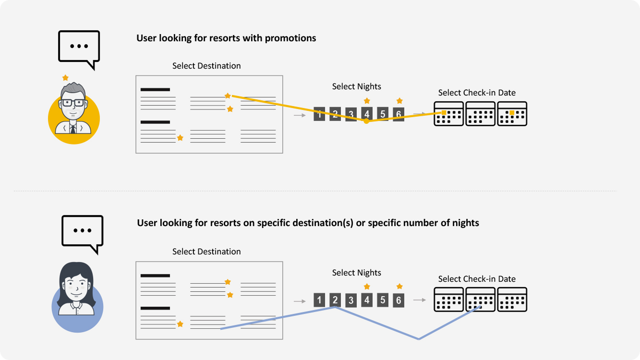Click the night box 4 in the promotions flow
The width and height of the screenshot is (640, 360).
pos(367,114)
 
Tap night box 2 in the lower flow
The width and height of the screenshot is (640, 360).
pos(335,300)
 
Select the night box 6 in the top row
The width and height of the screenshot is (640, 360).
pos(398,114)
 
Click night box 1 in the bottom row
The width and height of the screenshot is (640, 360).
pos(319,300)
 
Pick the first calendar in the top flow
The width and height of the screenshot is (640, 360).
pos(448,114)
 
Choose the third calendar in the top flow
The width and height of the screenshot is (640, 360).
pos(512,114)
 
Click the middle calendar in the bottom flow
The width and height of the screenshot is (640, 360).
pos(480,300)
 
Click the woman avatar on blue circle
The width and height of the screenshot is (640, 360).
pos(77,298)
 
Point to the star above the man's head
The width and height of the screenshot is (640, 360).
pos(65,78)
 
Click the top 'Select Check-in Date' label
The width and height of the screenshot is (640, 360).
pos(477,93)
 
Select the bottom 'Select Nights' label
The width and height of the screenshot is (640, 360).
pos(356,273)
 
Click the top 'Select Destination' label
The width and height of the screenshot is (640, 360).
pos(206,66)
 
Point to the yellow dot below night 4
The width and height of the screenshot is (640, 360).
pos(366,121)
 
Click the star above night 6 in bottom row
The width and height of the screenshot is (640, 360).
pos(399,287)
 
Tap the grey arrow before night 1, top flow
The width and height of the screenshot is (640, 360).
pos(300,115)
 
